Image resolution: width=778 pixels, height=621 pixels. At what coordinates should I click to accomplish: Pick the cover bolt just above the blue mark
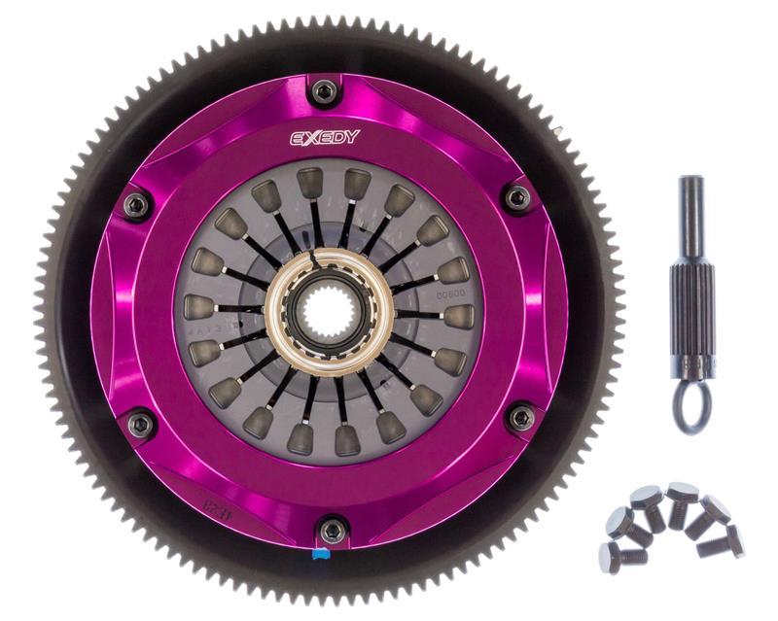click(x=333, y=530)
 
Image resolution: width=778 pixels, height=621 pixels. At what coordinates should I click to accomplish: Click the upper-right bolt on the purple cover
click(x=517, y=197)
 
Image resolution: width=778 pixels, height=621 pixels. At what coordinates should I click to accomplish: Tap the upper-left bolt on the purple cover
click(x=137, y=204)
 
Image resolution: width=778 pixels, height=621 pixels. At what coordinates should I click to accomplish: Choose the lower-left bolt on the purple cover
click(x=142, y=424)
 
